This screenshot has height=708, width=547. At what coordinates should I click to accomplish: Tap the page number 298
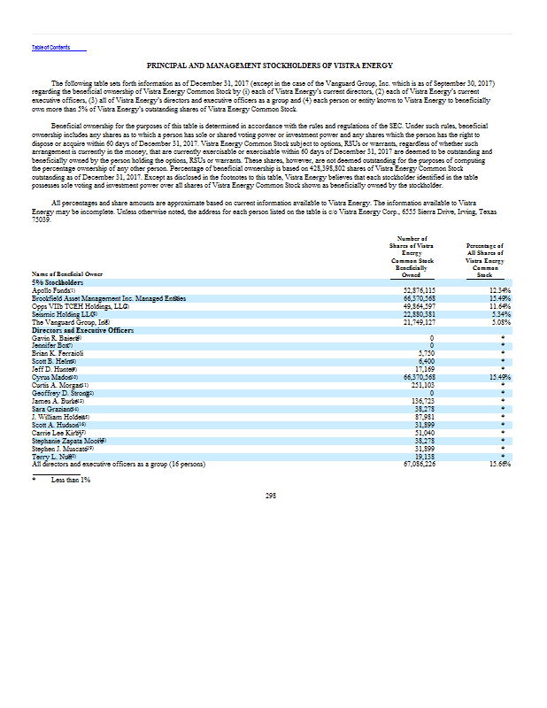[x=272, y=495]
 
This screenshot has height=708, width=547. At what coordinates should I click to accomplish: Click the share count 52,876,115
[x=419, y=289]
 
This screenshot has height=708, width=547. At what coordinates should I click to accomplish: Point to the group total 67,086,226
[x=419, y=463]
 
